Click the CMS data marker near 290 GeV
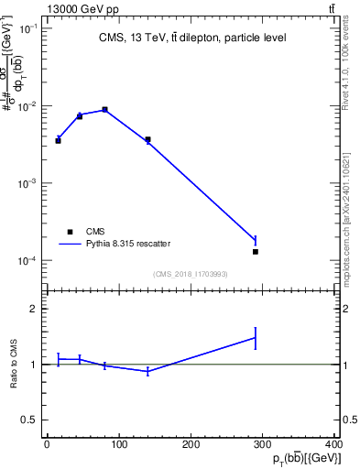pos(256,251)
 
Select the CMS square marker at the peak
pos(105,110)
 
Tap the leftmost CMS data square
pos(58,140)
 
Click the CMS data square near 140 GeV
pos(147,139)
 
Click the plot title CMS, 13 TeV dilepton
pos(191,38)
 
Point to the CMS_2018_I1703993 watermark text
pos(191,274)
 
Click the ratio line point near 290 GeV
pos(256,337)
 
